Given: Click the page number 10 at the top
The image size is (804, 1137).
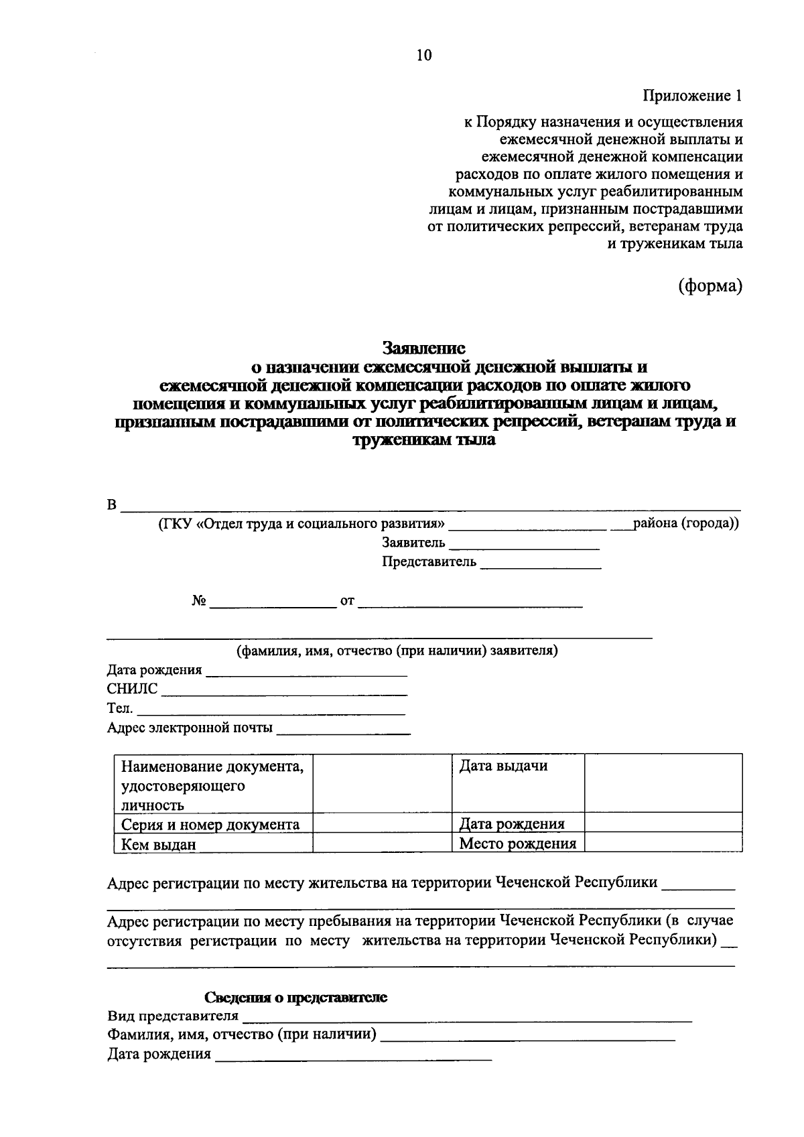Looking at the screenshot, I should click(424, 55).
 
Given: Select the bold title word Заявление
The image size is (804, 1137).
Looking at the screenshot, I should click(423, 348).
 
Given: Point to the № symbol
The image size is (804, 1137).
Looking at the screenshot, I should click(199, 601).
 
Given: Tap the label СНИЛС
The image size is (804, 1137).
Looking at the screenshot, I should click(132, 689).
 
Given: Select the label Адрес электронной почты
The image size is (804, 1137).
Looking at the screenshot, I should click(190, 728).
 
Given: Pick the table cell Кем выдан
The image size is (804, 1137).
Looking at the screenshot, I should click(158, 844).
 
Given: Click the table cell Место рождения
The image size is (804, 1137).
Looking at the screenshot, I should click(517, 844).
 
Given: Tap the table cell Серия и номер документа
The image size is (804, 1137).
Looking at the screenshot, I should click(210, 824).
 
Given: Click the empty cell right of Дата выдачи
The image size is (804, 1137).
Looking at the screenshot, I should click(663, 783).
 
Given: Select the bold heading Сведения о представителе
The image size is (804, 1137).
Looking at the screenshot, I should click(295, 997).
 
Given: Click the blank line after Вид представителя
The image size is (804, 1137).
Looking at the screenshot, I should click(467, 1020).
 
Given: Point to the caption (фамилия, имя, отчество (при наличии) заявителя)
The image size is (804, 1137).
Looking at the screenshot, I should click(397, 651).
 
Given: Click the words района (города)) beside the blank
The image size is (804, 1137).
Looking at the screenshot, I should click(685, 523).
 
